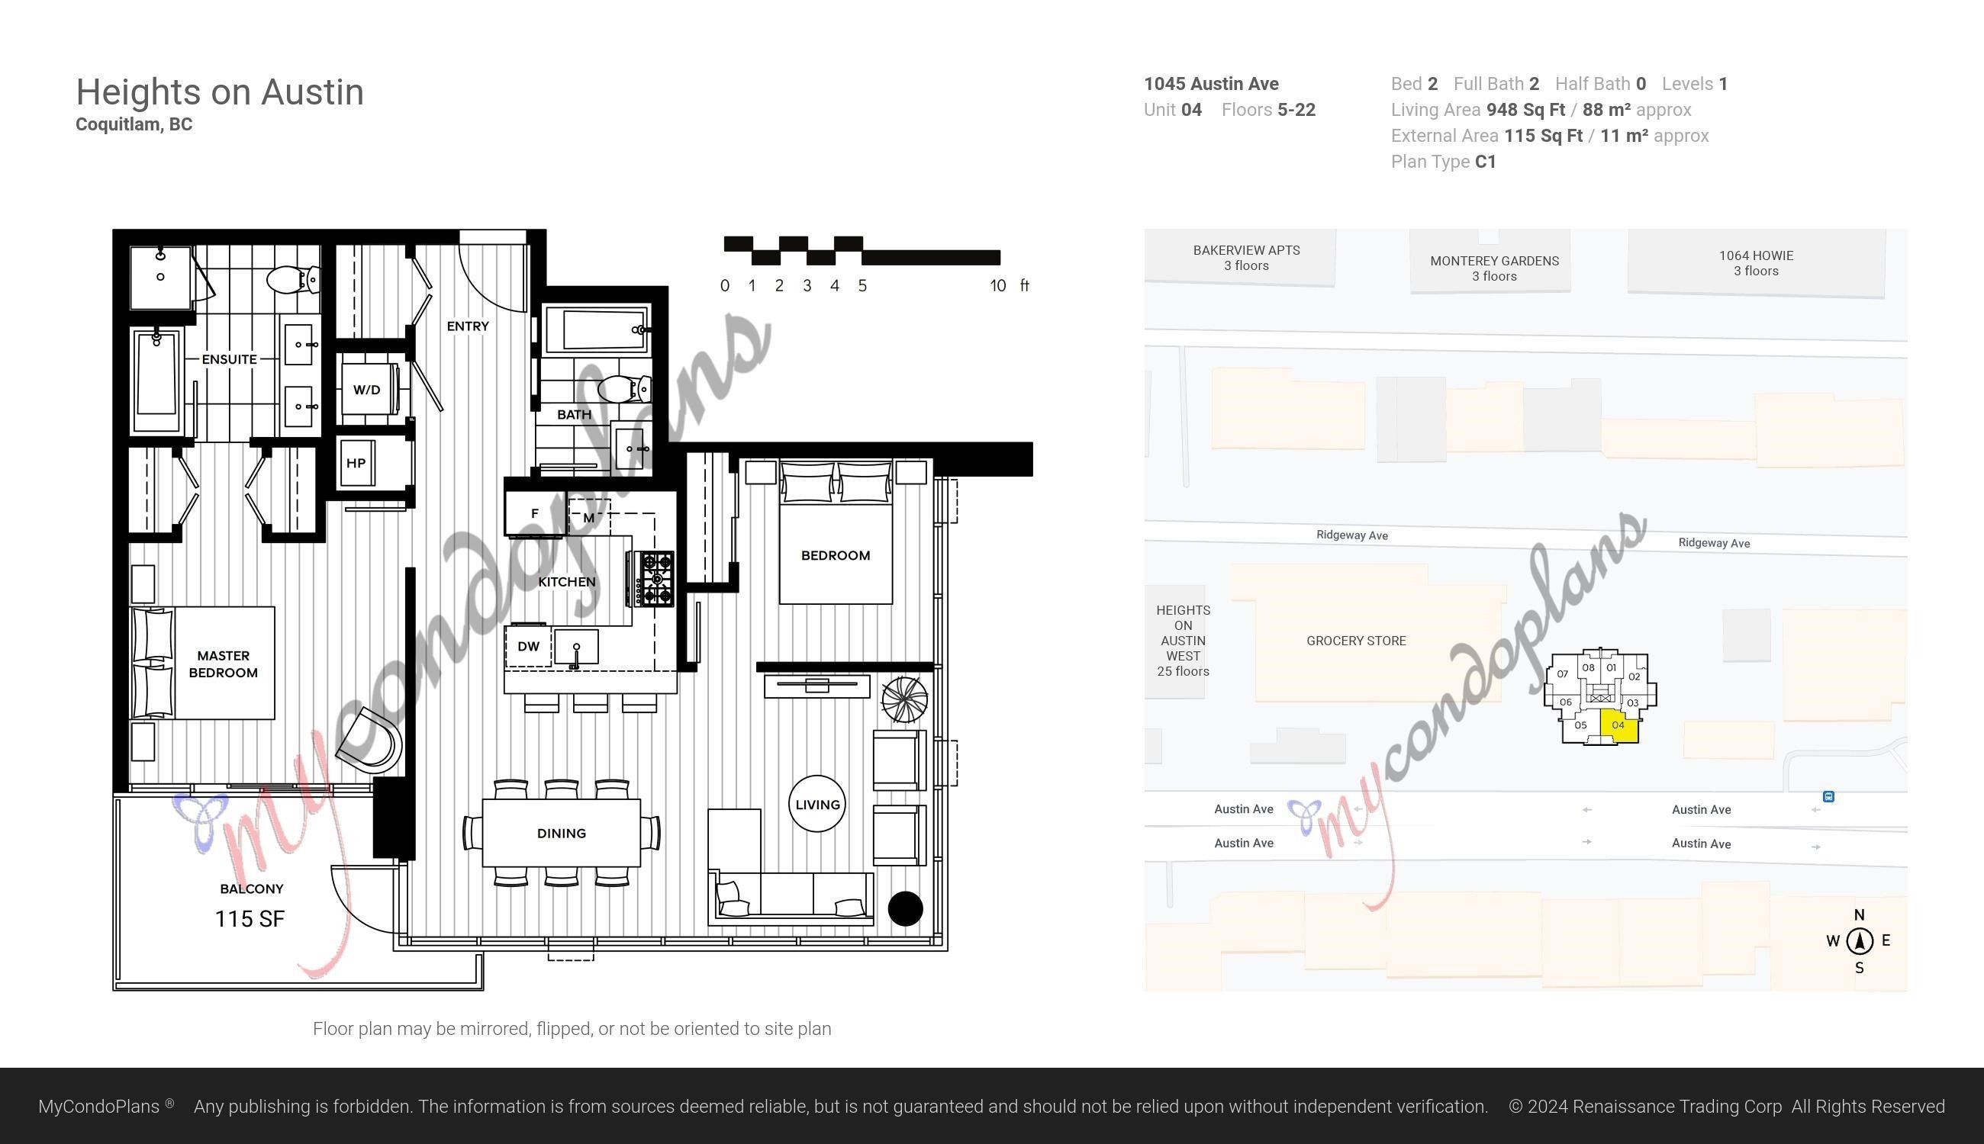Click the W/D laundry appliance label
point(366,390)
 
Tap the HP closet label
point(356,463)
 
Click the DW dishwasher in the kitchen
point(528,646)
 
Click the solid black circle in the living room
point(905,908)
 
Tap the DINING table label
point(561,833)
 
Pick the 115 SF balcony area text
point(250,918)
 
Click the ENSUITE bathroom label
point(230,359)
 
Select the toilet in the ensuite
point(293,279)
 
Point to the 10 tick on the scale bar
point(997,286)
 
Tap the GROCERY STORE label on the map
point(1356,641)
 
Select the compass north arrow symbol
point(1859,940)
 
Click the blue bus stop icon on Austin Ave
point(1828,797)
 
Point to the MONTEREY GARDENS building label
point(1494,261)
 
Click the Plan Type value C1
point(1486,162)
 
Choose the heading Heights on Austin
point(220,93)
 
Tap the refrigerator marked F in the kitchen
point(534,514)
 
